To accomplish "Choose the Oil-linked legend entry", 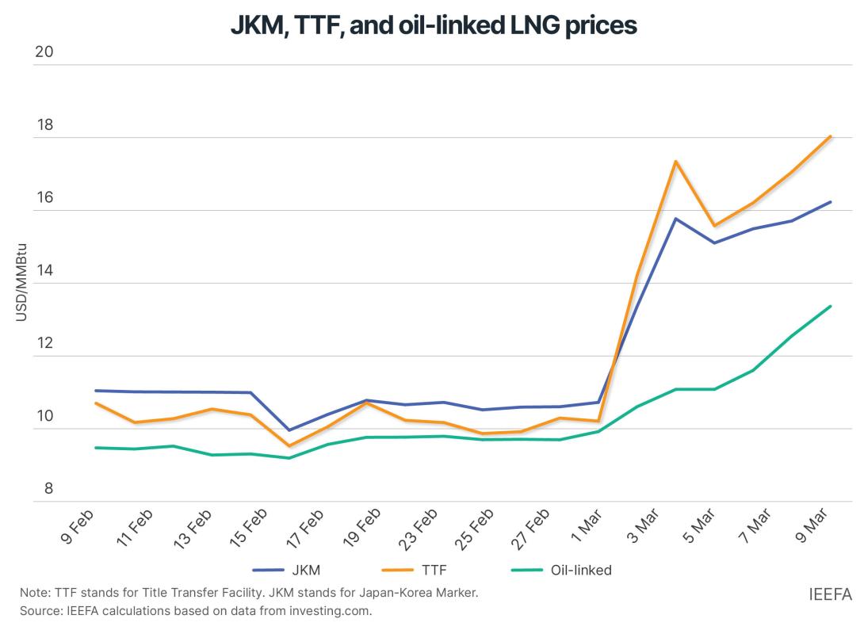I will tap(580, 569).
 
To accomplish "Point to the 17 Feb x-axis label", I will tap(304, 529).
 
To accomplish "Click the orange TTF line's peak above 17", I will tap(675, 162).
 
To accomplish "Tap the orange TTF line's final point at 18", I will tap(830, 136).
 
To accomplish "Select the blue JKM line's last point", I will tap(830, 202).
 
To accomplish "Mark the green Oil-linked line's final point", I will tap(830, 307).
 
